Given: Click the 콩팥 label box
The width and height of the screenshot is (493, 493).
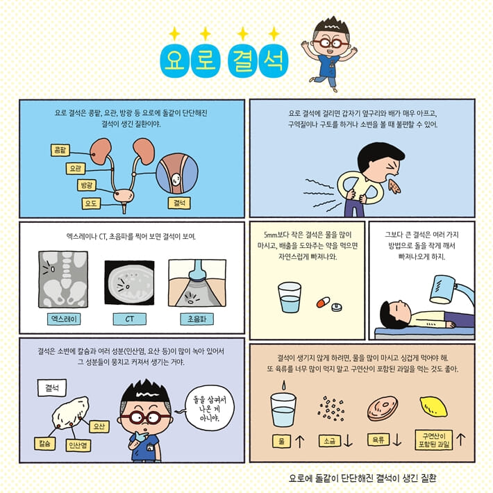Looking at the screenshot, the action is (x=60, y=150).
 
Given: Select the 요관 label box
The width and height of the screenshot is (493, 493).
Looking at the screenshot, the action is (x=76, y=169).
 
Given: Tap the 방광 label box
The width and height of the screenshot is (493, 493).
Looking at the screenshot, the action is (x=87, y=185).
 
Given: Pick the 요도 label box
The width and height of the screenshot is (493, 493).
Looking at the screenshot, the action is (x=91, y=203).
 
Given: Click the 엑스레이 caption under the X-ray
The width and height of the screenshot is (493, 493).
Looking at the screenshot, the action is (x=64, y=319).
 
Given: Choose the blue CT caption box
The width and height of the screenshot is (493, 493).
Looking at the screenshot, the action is (x=130, y=319).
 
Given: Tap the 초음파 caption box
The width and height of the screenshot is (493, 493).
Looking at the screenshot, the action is (x=197, y=319).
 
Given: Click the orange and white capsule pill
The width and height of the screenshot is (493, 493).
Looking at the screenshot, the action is (x=323, y=302).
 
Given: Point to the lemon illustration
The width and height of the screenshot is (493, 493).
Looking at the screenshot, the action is (x=433, y=406).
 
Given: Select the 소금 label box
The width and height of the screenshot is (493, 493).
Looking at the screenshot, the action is (x=329, y=441).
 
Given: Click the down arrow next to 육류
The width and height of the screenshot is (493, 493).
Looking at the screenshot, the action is (x=397, y=440).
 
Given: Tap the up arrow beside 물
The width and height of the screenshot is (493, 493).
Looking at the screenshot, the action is (x=300, y=441).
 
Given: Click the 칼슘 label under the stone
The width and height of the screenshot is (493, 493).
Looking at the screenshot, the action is (x=44, y=444).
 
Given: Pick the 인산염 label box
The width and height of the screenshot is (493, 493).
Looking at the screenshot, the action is (x=78, y=446).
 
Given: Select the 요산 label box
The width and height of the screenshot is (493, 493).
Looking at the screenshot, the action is (x=99, y=426).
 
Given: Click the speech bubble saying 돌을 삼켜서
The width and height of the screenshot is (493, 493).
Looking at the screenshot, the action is (x=209, y=408).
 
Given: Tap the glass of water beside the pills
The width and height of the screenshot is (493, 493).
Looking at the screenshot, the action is (x=290, y=297).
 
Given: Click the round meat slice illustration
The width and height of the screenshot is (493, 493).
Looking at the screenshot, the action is (x=383, y=408).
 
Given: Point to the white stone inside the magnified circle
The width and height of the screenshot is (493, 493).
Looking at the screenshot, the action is (x=176, y=179).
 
